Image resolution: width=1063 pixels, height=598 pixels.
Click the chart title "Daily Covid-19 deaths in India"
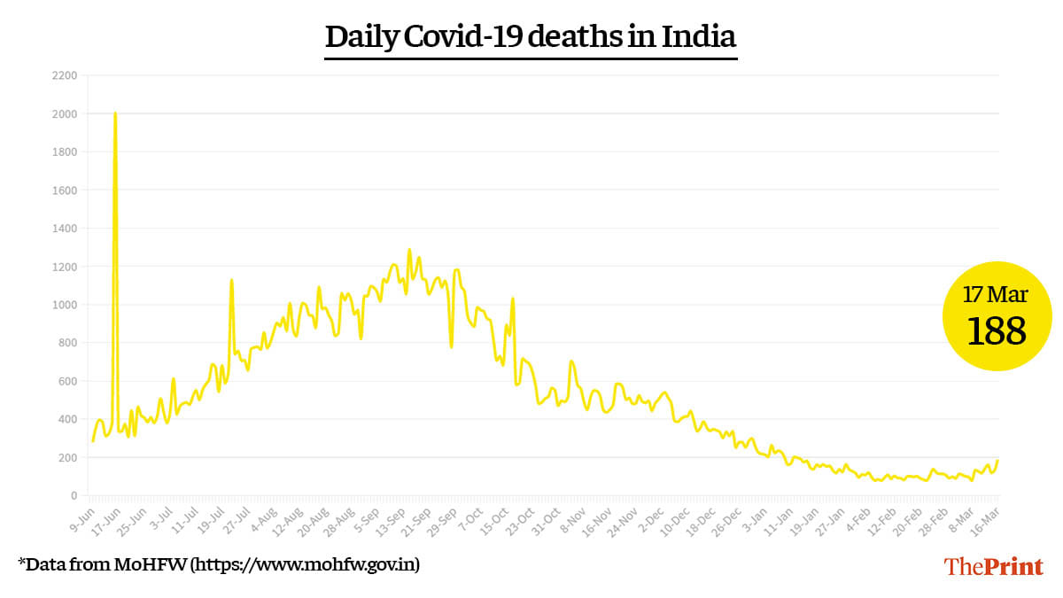(x=531, y=37)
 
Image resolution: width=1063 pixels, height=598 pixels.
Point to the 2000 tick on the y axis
(x=65, y=114)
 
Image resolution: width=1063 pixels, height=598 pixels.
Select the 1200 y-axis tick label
(x=65, y=267)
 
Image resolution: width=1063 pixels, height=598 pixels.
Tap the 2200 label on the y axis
(x=65, y=76)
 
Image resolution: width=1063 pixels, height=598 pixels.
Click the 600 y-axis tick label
(x=67, y=381)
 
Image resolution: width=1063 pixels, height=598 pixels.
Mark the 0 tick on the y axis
(x=74, y=495)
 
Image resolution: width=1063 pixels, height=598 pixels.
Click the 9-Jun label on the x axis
(x=82, y=518)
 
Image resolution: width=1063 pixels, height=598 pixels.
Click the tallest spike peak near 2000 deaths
(x=115, y=113)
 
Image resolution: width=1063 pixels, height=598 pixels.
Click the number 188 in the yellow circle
(x=997, y=331)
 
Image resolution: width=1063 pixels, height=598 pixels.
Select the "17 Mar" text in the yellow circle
(x=997, y=294)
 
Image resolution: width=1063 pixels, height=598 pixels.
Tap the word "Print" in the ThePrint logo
(x=1013, y=565)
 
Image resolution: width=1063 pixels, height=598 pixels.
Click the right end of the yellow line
(x=997, y=461)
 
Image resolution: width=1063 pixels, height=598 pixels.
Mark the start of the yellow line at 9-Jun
(x=93, y=440)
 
